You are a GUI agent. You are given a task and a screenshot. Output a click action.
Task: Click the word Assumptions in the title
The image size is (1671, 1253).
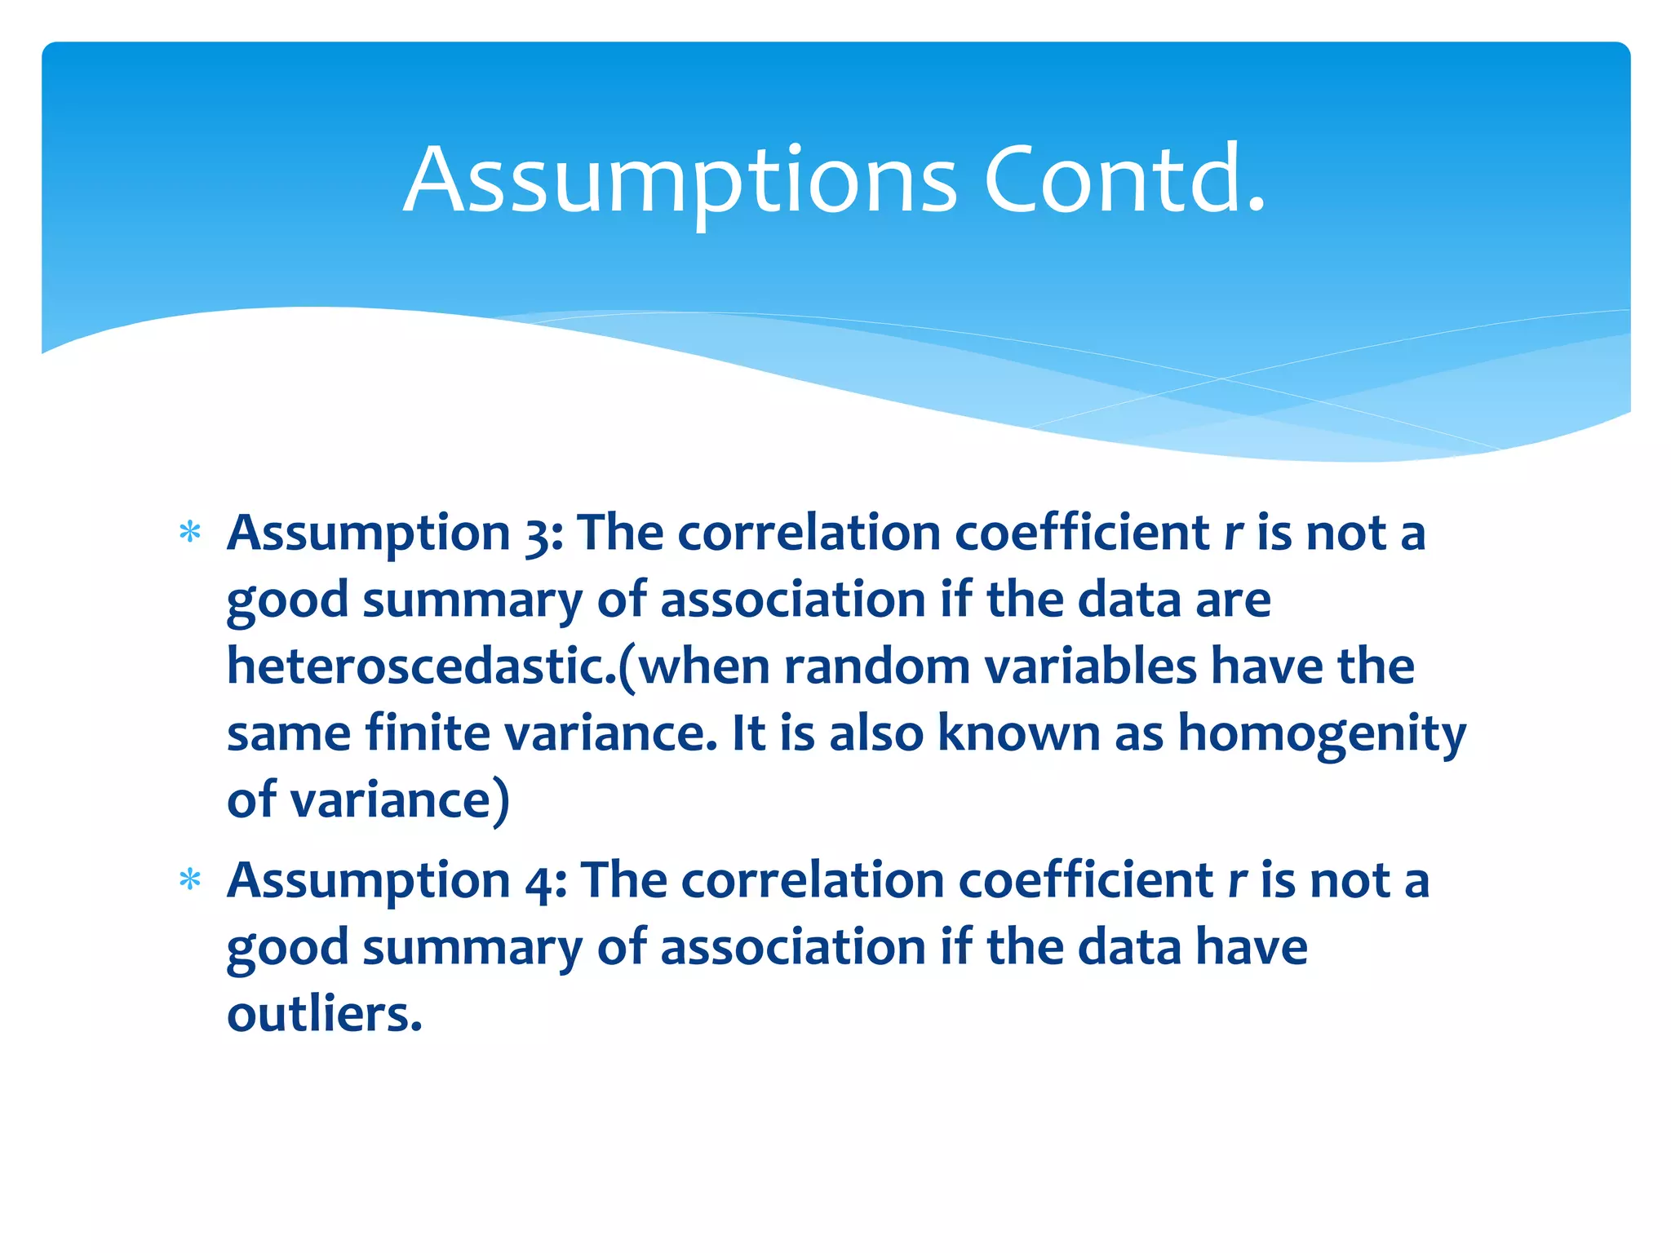(680, 181)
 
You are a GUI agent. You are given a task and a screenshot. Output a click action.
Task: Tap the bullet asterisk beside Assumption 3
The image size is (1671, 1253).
(190, 533)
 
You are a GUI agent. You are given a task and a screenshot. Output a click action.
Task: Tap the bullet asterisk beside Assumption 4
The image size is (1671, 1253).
(190, 880)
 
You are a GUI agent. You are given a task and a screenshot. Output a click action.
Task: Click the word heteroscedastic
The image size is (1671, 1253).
(421, 666)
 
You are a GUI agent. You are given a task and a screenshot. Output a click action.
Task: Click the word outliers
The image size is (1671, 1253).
(324, 1015)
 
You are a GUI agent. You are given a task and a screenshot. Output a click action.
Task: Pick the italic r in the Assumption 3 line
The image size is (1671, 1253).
(1233, 534)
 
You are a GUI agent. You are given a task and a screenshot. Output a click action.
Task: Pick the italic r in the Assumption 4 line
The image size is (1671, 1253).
(1237, 882)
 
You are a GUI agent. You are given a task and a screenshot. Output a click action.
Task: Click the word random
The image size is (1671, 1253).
(876, 666)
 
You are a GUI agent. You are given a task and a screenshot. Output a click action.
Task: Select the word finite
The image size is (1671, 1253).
(428, 733)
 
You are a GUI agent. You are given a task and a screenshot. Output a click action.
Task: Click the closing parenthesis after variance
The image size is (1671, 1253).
(501, 801)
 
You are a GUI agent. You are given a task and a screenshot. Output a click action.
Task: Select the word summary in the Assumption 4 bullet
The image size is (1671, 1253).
(472, 949)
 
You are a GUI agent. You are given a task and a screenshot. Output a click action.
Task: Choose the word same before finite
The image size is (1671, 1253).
(289, 733)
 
